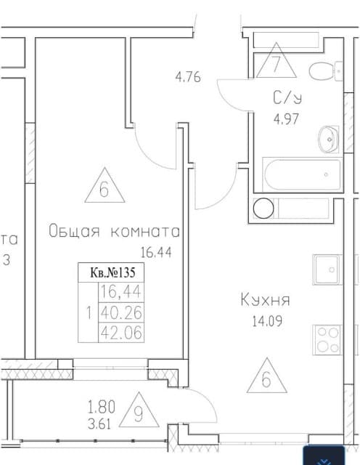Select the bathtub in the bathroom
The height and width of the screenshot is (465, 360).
pos(302,174)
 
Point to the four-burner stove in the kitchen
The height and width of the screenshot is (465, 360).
pos(327,339)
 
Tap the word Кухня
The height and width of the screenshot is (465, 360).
pos(266,299)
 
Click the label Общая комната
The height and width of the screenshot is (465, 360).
pos(114,232)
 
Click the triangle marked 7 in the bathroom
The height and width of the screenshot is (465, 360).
pos(275,61)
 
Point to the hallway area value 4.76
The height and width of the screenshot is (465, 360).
pos(188,74)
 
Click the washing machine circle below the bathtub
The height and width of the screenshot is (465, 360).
pos(262,208)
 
